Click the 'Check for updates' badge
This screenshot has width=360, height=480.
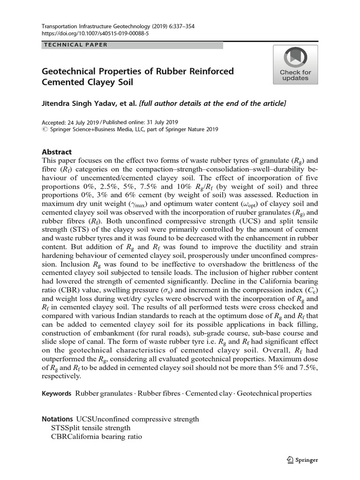(x=295, y=65)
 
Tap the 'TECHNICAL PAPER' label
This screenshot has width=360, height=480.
(x=75, y=45)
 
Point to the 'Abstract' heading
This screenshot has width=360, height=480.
(x=57, y=152)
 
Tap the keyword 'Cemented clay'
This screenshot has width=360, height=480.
(x=208, y=393)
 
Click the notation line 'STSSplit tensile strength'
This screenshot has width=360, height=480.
(x=91, y=427)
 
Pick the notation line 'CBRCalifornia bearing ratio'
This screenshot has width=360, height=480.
(x=96, y=436)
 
